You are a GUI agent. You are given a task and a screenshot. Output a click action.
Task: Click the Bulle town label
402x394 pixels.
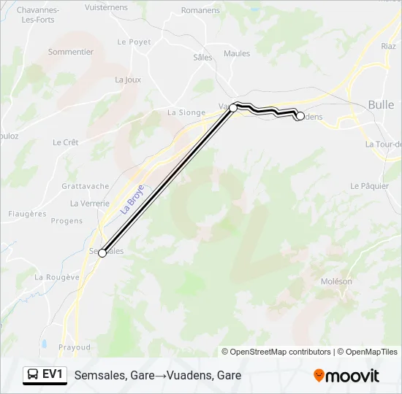381,105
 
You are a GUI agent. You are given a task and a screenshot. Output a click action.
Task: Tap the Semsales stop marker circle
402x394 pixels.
102,253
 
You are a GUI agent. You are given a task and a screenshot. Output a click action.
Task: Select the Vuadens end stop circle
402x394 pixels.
300,116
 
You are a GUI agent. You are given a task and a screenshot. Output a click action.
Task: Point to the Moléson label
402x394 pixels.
336,282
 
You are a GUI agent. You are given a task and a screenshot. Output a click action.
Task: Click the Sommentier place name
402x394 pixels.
71,52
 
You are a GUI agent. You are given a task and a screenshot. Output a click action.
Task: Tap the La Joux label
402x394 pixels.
127,80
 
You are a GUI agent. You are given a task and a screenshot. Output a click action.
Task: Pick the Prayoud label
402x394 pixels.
75,347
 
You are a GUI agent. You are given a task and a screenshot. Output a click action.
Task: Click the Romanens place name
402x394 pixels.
200,11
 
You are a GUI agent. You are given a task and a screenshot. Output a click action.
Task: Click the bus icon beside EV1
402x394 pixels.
33,374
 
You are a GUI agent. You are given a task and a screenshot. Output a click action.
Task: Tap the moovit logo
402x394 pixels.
346,376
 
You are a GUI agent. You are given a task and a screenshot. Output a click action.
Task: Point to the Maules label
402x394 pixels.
237,53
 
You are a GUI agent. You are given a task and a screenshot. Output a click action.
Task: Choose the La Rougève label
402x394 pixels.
57,277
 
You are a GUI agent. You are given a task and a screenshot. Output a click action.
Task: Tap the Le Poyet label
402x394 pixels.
134,42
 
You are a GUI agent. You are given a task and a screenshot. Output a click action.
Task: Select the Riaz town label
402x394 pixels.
389,46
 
